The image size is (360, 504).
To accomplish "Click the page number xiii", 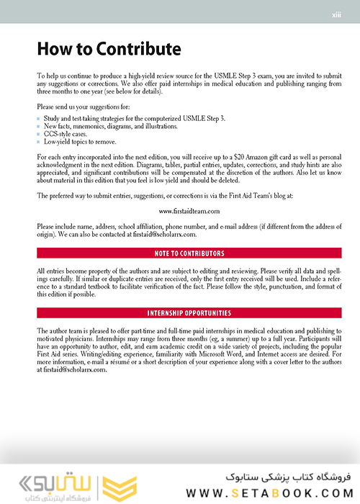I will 336,14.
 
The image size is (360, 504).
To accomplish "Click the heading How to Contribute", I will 108,50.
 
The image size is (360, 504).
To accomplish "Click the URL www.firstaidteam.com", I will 189,211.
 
